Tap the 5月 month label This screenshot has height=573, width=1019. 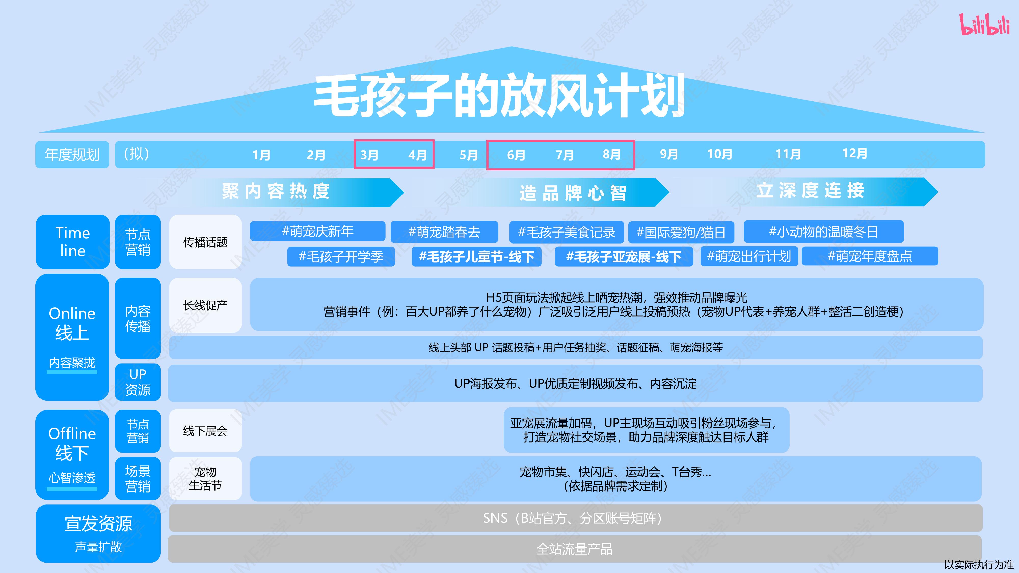point(469,155)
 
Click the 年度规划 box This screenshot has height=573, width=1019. point(72,155)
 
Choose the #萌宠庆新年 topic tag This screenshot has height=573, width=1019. point(318,231)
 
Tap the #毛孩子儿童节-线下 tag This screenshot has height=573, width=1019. point(477,257)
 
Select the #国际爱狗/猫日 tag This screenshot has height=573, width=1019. point(681,232)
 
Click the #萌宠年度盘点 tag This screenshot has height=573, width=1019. point(870,256)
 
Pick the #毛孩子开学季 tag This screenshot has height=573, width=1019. point(341,257)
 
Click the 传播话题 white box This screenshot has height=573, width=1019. point(205,242)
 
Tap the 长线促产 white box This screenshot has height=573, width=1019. point(205,305)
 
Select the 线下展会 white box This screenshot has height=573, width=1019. point(205,431)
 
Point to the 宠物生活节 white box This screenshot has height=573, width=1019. point(205,479)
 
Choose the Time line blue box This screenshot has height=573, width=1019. point(73,242)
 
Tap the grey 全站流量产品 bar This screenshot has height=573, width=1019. point(575,549)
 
